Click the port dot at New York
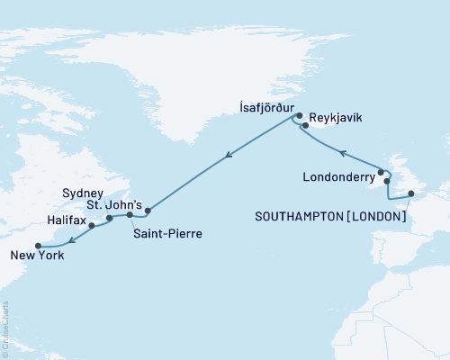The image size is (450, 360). tap(37, 245)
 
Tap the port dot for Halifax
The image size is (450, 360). tap(92, 226)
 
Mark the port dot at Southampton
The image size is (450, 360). tap(410, 193)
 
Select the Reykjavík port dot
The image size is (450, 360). tap(305, 126)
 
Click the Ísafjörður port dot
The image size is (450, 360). tap(298, 115)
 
